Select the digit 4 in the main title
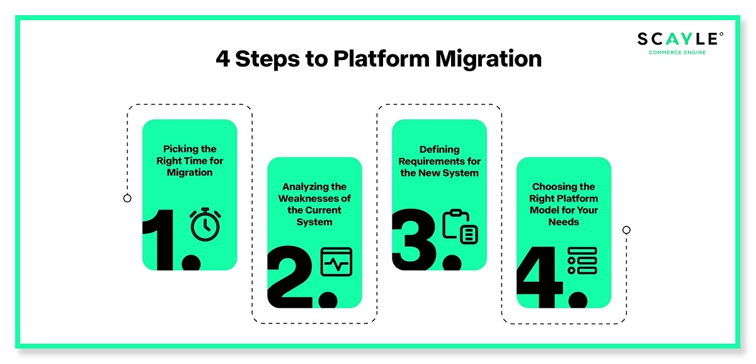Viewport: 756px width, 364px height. coord(223,59)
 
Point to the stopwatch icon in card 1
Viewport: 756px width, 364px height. coord(205,225)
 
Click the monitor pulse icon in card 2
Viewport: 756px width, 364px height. coord(336,261)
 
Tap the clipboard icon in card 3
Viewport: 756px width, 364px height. coord(461,226)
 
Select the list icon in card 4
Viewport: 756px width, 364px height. coord(581,261)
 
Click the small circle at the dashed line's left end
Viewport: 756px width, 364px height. coord(127,198)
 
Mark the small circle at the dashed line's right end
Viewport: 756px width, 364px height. coord(626,230)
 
